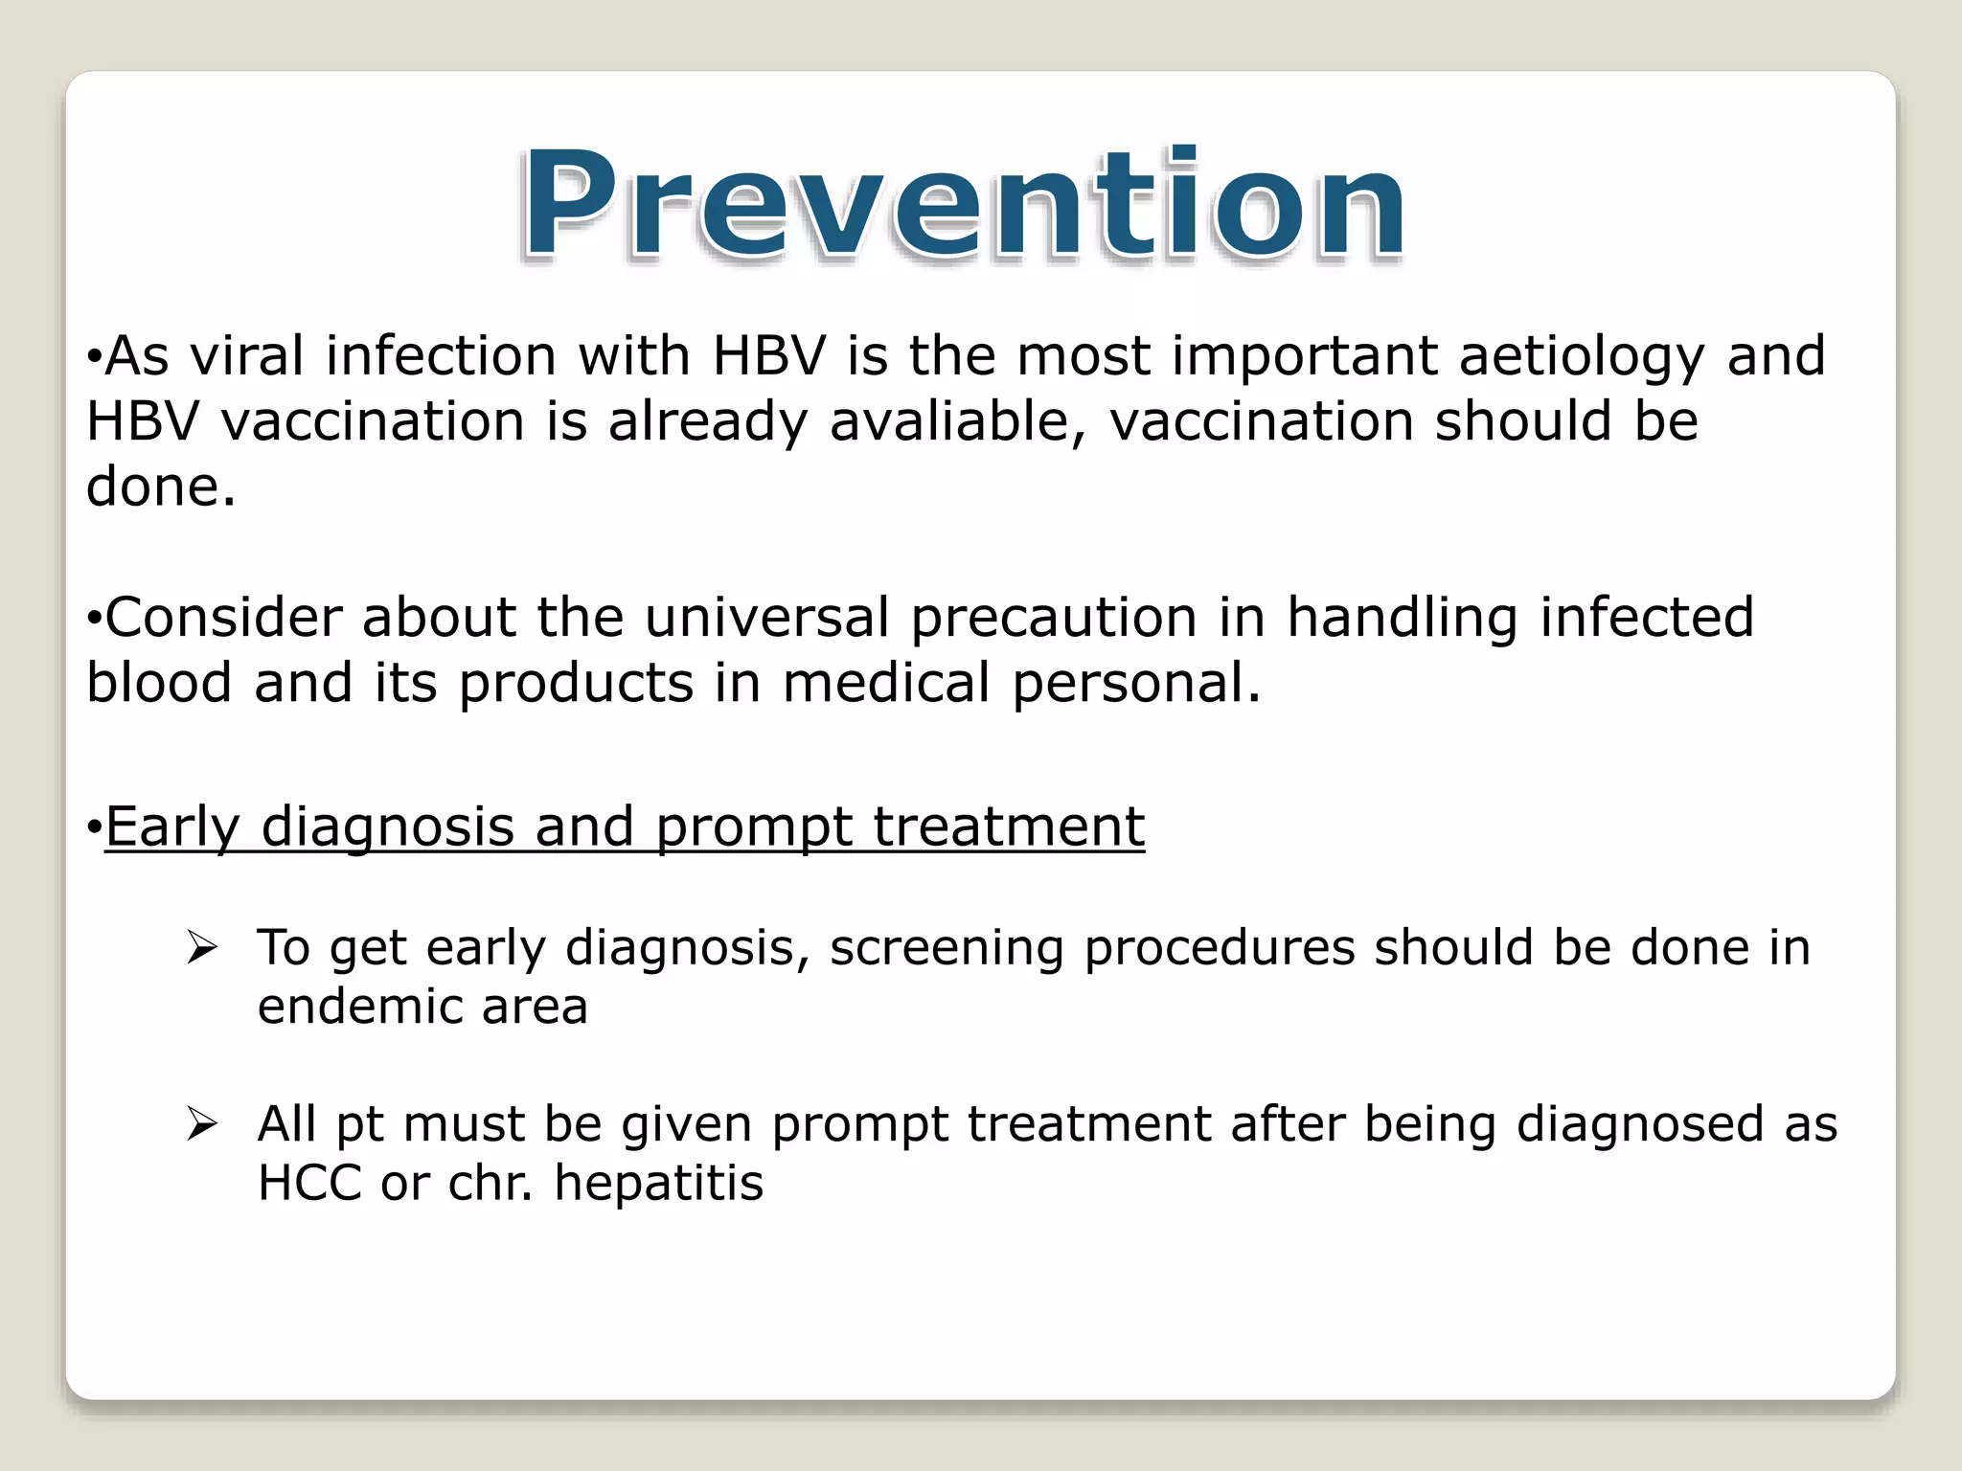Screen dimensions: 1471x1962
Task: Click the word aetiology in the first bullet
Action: tap(1582, 356)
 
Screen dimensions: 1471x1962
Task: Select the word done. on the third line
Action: tap(160, 487)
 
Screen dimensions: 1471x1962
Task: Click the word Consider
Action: tap(223, 617)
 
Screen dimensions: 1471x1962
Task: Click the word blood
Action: tap(159, 683)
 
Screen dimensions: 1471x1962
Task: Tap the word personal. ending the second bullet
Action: tap(1136, 684)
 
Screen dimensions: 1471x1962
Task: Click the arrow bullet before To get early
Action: tap(202, 948)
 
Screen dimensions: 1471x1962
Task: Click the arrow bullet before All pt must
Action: tap(202, 1124)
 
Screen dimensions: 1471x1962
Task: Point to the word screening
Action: tap(946, 948)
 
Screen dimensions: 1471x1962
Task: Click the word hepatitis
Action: tap(658, 1183)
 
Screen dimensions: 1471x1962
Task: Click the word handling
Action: tap(1402, 618)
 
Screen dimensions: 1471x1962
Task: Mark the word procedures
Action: tap(1219, 948)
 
